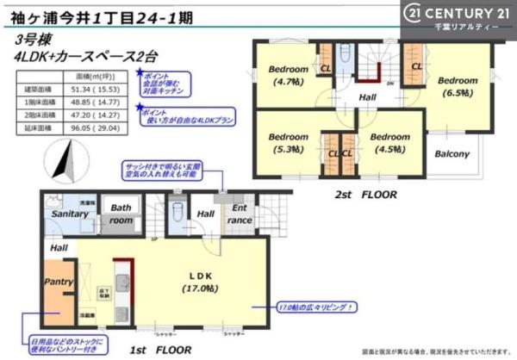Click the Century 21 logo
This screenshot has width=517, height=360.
[457, 15]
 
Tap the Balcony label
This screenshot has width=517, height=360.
[451, 154]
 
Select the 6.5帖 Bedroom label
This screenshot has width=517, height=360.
[457, 85]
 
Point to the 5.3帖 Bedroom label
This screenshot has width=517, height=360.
[287, 142]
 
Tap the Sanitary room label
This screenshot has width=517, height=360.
[70, 214]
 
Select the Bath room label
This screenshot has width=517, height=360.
[120, 214]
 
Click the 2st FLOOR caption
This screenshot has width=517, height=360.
[365, 195]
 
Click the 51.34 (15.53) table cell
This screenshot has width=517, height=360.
[101, 89]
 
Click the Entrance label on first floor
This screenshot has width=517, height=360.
[240, 214]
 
